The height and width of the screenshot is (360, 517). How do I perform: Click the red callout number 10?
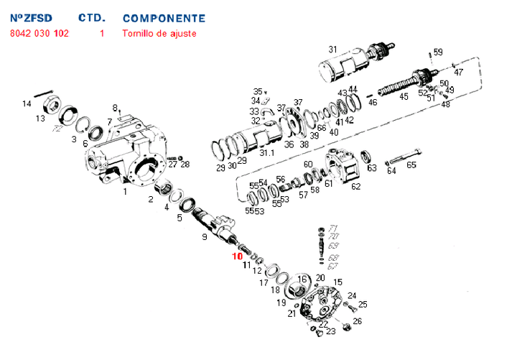(238, 256)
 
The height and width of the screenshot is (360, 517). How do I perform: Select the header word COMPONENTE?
(164, 18)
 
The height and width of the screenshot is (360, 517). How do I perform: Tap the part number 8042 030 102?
(39, 34)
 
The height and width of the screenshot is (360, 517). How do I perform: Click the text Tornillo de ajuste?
(159, 34)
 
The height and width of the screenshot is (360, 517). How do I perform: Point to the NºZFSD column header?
(32, 18)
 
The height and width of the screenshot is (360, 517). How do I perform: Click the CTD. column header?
(93, 18)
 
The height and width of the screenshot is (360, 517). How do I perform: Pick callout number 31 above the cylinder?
(332, 50)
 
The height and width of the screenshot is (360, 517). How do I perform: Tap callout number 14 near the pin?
(27, 104)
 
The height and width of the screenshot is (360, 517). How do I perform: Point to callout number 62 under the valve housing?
(355, 186)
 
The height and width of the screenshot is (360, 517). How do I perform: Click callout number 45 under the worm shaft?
(404, 96)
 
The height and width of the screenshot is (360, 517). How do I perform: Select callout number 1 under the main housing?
(125, 192)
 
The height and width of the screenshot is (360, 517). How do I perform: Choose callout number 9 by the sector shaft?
(205, 236)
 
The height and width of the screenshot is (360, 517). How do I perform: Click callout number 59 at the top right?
(438, 52)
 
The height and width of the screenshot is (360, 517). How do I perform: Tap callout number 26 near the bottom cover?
(357, 320)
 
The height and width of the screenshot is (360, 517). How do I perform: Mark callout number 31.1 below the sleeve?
(267, 153)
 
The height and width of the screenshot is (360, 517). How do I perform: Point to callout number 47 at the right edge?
(459, 72)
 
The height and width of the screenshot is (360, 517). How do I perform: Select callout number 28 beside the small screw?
(185, 165)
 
